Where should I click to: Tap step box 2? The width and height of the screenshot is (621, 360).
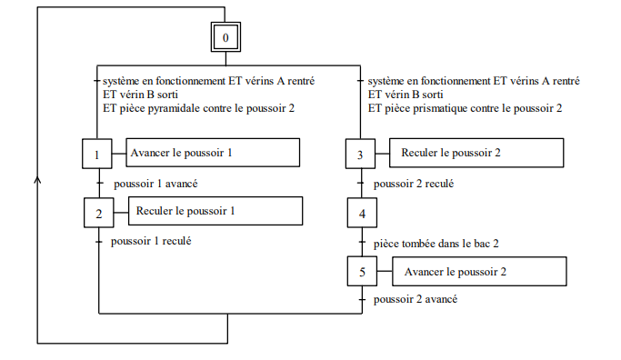tap(97, 214)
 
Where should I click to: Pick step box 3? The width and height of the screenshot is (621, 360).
tap(360, 155)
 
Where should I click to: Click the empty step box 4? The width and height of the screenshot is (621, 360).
tap(360, 215)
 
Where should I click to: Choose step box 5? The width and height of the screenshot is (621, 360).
tap(361, 272)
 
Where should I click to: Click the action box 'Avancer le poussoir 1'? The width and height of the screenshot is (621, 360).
tap(213, 153)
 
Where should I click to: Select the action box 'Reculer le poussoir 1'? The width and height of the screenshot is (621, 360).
tap(215, 211)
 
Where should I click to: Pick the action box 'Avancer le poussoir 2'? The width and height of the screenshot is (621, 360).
tap(478, 271)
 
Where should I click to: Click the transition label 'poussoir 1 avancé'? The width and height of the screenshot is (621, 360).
tap(156, 184)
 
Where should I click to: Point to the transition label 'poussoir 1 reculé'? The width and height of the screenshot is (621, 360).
tap(150, 241)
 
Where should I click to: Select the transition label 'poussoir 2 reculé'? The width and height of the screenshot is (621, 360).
tap(414, 184)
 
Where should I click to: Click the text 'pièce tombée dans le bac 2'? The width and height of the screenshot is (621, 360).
tap(436, 244)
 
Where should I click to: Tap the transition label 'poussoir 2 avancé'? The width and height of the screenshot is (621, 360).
tap(415, 298)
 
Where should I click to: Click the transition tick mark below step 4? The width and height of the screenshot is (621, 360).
tap(361, 243)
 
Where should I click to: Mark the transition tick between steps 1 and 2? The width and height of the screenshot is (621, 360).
tap(97, 184)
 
